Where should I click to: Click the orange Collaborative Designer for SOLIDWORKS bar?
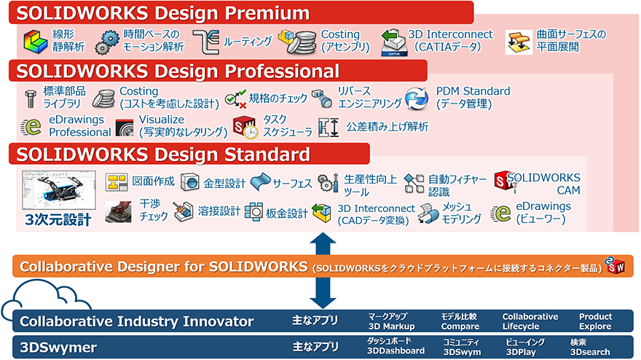(x=320, y=266)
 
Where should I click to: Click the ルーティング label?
(x=248, y=41)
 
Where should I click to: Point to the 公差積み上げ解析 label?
(x=387, y=127)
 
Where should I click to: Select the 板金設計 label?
(x=286, y=213)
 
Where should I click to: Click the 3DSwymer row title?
(x=58, y=347)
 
